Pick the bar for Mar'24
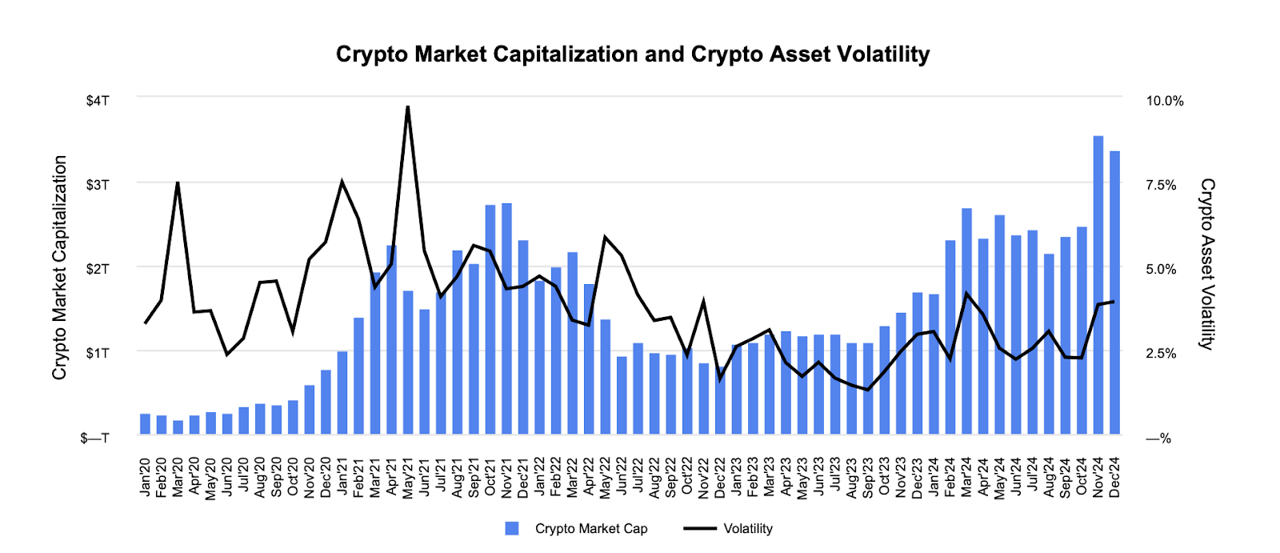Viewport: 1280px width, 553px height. tap(966, 321)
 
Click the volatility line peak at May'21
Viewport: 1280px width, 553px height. tap(408, 107)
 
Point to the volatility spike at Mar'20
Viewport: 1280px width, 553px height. tap(178, 183)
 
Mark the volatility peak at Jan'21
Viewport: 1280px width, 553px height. tap(342, 182)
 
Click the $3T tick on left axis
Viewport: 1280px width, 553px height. tap(98, 185)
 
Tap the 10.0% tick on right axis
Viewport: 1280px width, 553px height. tap(1164, 101)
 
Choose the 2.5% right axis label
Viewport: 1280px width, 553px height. tap(1161, 353)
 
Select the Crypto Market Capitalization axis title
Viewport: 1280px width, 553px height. tap(60, 267)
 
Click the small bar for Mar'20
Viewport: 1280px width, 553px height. tap(178, 427)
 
